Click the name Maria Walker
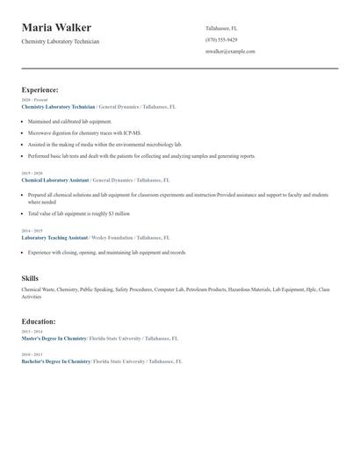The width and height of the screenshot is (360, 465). tap(56, 28)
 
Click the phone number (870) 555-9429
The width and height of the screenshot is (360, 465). tap(221, 39)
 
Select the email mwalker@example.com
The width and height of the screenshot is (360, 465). tap(230, 52)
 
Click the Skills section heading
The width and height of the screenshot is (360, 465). tap(30, 277)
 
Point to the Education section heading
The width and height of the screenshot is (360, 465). tap(39, 322)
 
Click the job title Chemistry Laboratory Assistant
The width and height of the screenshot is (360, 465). tap(54, 179)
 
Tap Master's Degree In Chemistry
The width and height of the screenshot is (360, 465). tap(54, 338)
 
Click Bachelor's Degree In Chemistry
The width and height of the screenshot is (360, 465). tap(55, 361)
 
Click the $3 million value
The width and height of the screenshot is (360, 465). tap(119, 213)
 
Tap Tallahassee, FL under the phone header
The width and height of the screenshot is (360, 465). tap(221, 28)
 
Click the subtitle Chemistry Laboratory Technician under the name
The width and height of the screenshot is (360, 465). tap(61, 41)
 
